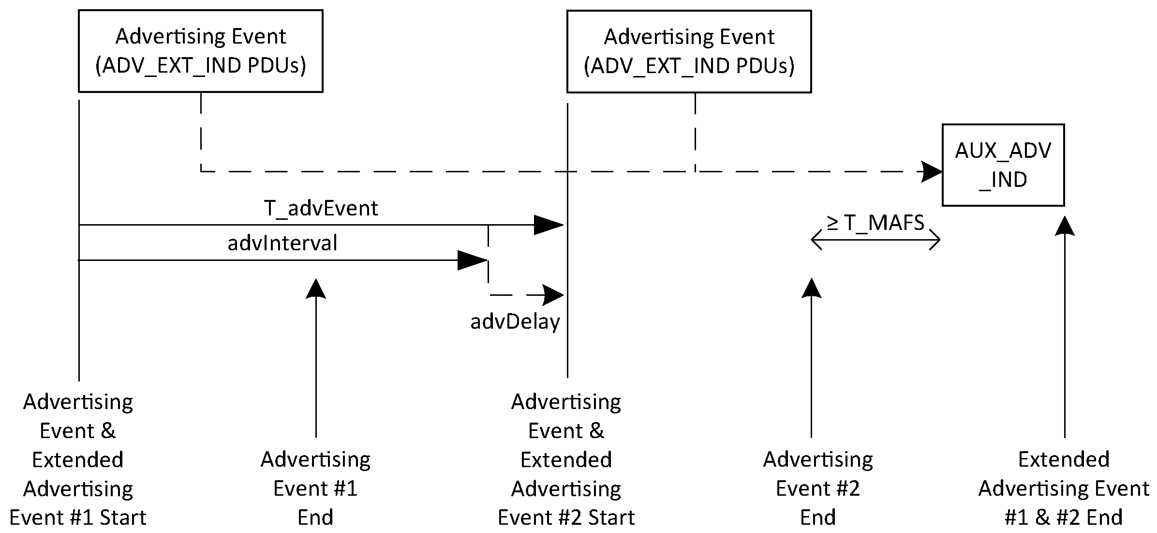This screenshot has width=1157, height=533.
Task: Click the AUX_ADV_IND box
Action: click(x=1003, y=165)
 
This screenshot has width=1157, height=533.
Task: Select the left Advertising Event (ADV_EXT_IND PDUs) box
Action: click(x=200, y=51)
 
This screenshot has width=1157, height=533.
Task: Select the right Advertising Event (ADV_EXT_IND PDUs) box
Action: click(x=689, y=51)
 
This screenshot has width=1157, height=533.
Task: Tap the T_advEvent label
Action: click(x=321, y=208)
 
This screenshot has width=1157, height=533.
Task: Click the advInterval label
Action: click(x=282, y=243)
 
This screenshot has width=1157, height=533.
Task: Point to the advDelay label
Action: click(x=515, y=321)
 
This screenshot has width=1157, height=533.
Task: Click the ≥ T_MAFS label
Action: click(x=875, y=222)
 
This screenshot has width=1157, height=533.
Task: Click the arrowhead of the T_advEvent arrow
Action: click(x=549, y=225)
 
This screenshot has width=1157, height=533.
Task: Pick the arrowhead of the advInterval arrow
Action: click(x=473, y=260)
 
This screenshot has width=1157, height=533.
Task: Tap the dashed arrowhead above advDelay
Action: click(x=553, y=295)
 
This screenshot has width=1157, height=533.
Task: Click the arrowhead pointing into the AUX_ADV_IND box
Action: click(x=931, y=171)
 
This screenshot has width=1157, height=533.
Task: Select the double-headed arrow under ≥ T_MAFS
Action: click(x=875, y=240)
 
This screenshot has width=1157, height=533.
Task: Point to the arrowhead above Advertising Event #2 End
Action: click(x=811, y=289)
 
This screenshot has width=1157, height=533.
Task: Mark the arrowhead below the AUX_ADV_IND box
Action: click(x=1065, y=226)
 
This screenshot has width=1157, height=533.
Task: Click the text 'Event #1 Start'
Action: click(x=77, y=518)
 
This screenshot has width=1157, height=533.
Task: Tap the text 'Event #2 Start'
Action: click(x=566, y=518)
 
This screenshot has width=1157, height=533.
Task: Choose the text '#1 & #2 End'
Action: click(x=1064, y=518)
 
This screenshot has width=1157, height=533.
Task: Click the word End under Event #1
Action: click(x=315, y=518)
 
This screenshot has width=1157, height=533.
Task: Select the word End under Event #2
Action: click(x=817, y=518)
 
